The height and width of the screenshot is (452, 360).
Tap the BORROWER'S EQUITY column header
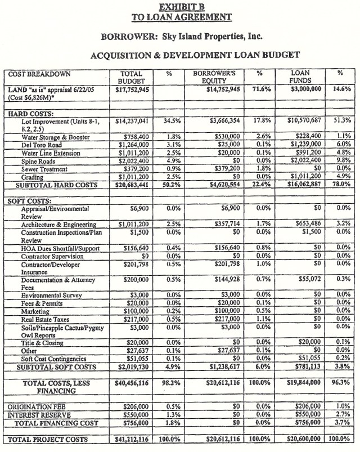tap(214, 77)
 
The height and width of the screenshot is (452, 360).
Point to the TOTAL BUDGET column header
tap(132, 77)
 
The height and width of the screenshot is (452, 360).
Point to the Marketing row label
tap(35, 311)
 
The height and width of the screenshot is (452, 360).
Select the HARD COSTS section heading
tap(29, 113)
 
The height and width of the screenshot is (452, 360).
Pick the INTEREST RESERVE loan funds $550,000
tap(305, 414)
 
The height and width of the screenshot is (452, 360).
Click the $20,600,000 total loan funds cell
tap(301, 438)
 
